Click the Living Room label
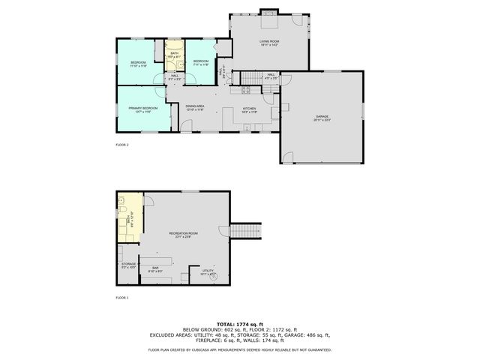click(x=268, y=43)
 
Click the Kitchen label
click(x=249, y=110)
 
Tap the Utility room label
click(x=208, y=272)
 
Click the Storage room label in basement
click(x=128, y=265)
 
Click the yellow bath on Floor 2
click(x=174, y=55)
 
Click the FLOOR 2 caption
click(x=122, y=144)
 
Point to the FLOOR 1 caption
click(x=122, y=298)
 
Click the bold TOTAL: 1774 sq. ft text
click(x=239, y=322)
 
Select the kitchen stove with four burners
click(x=245, y=91)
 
